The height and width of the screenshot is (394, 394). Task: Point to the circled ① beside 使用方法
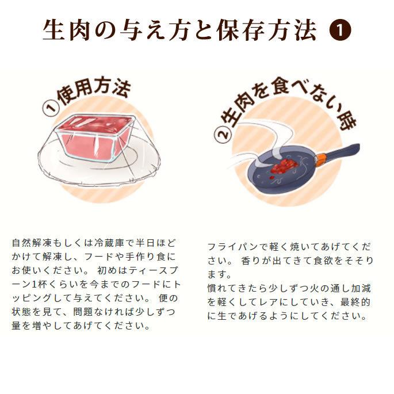pyautogui.click(x=52, y=107)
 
